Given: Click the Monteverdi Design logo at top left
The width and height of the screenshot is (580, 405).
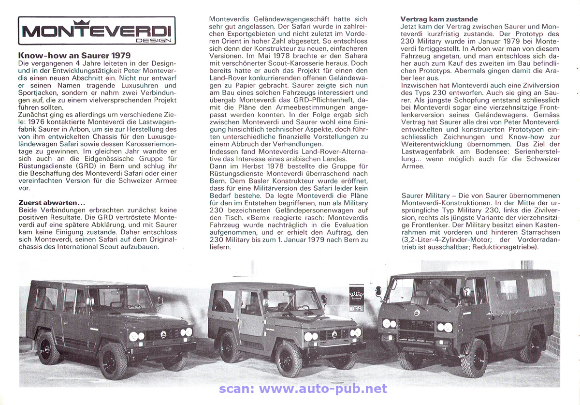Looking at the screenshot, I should pos(97,30).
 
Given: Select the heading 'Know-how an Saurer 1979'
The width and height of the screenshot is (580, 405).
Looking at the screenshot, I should pos(74,56).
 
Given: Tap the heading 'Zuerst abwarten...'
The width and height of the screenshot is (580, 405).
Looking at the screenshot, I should pos(52,202).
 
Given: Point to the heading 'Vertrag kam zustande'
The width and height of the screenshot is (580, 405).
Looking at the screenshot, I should pos(439,19).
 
